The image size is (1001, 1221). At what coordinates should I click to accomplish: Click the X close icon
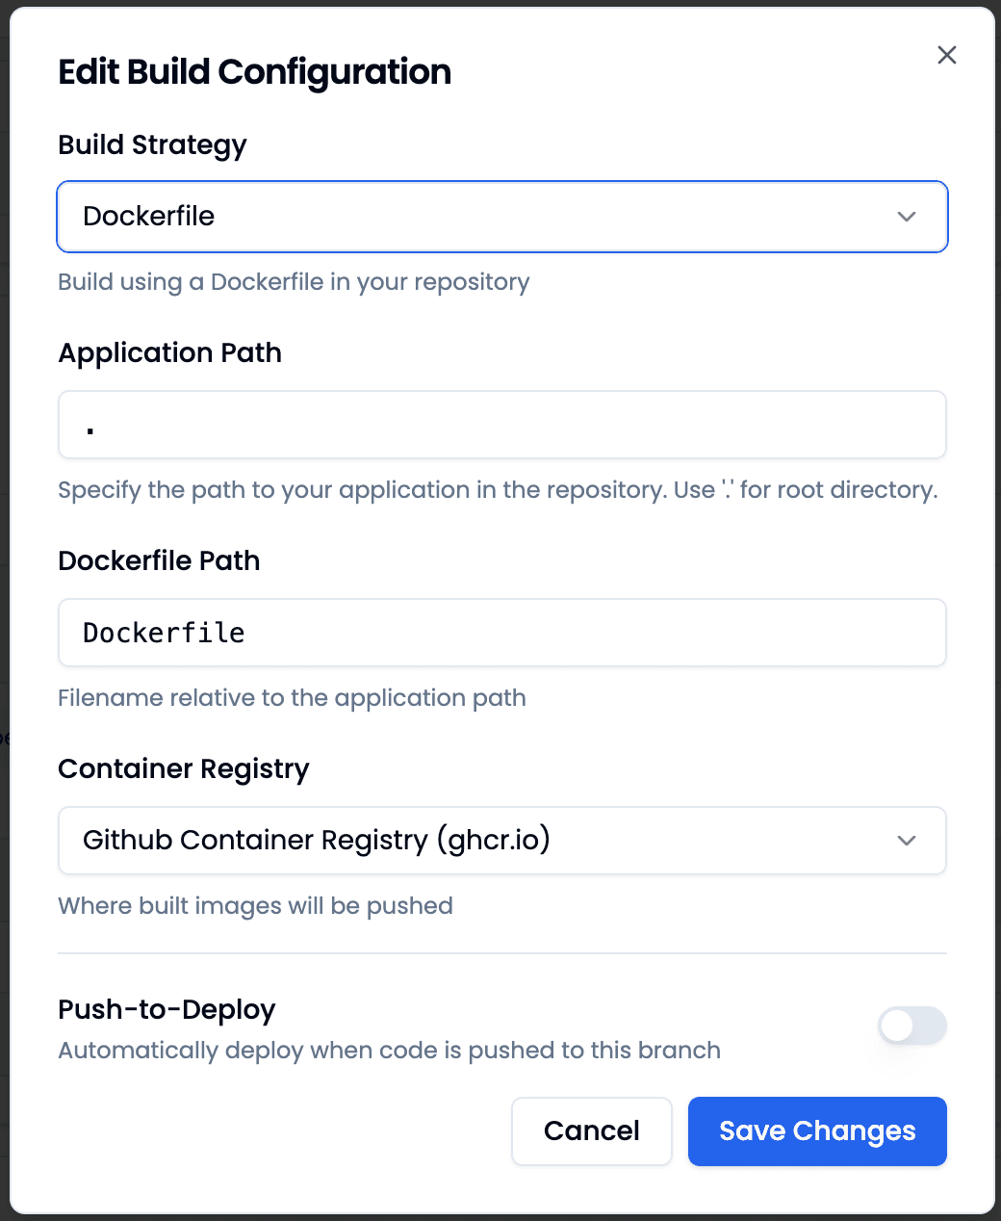coord(947,55)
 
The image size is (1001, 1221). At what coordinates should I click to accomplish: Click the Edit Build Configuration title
coord(254,72)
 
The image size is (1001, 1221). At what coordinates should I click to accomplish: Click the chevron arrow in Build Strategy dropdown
coord(907,217)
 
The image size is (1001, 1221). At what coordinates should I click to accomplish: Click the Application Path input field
coord(501,425)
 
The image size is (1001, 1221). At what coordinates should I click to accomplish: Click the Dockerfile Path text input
coord(501,633)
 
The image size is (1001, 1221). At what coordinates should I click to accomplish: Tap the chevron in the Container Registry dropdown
coord(907,841)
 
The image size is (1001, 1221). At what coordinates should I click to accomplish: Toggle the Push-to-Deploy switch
coord(911,1026)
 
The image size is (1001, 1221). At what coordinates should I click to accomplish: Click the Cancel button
coord(591,1130)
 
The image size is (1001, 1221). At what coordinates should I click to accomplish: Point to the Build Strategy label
coord(152,145)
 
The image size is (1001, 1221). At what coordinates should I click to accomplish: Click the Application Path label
coord(169,353)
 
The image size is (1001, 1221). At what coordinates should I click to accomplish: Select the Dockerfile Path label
coord(159,561)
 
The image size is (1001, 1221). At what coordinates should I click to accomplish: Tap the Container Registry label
coord(183,769)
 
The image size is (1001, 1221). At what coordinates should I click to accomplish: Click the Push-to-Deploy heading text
coord(167,1009)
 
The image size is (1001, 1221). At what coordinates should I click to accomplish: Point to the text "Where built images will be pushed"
coord(255,906)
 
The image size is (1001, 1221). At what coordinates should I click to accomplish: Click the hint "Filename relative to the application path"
coord(292,698)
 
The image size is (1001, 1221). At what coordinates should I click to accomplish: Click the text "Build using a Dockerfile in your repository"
coord(294,282)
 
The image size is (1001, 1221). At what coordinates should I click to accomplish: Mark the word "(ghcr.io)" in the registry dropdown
coord(493,840)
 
